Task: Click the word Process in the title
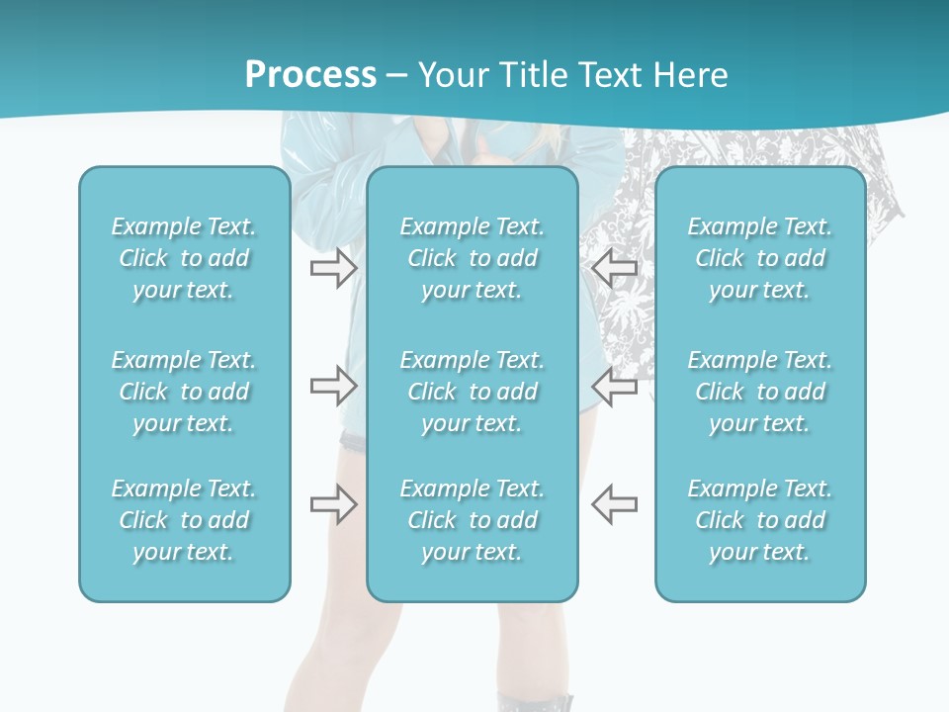310,74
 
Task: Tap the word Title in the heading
534,74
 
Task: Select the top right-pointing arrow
333,267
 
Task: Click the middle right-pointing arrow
333,386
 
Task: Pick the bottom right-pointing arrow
333,504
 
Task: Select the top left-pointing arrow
614,267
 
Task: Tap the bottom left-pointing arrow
614,504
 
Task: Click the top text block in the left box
184,258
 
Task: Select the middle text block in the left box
184,392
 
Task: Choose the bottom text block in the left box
184,520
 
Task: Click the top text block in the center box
473,258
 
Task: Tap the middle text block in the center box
473,392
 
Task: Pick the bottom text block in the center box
473,520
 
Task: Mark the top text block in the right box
760,258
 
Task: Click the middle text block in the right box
760,392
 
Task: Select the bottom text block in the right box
760,520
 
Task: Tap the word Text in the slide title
608,74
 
